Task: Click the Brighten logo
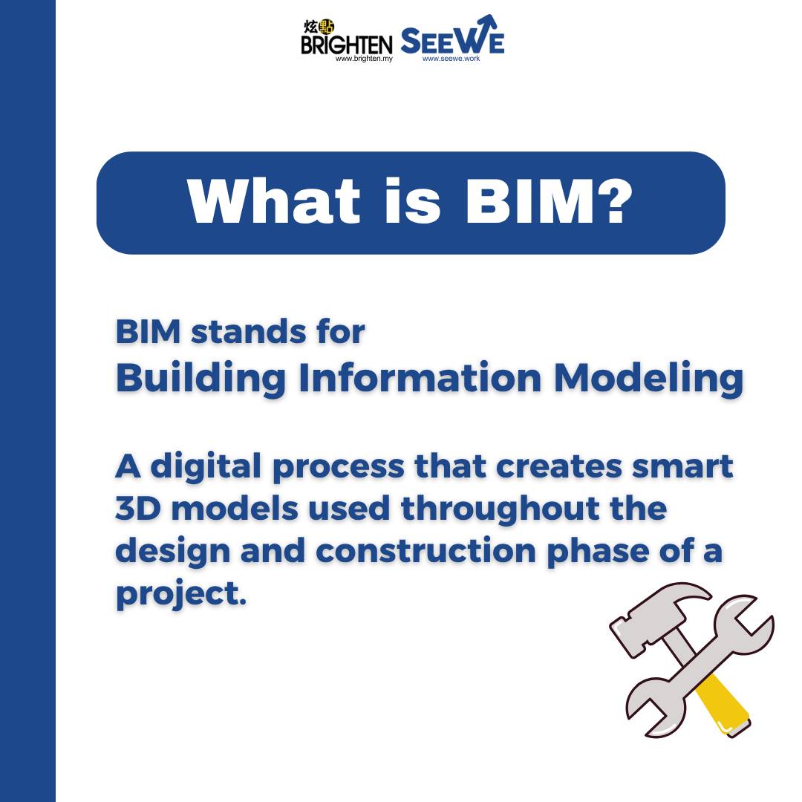[x=346, y=41]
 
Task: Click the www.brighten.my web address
[x=364, y=59]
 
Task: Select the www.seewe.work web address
[x=451, y=59]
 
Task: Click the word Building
[x=200, y=379]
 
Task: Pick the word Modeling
[x=648, y=379]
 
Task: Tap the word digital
[x=206, y=467]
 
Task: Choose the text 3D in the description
[x=138, y=509]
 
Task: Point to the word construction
[x=426, y=551]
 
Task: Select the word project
[x=181, y=595]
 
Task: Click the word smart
[x=682, y=466]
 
